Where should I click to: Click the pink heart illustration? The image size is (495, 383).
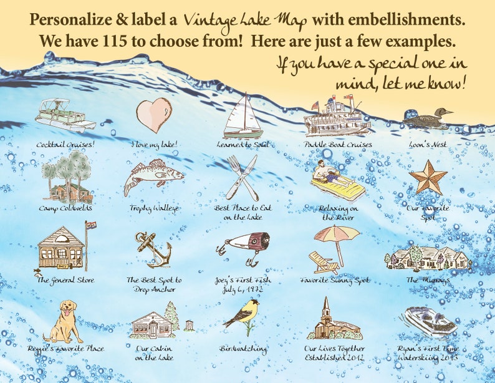(x=153, y=115)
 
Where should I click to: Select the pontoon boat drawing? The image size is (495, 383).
(x=65, y=115)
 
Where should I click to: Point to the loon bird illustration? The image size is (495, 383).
(x=428, y=118)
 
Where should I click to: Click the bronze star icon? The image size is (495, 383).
(x=428, y=177)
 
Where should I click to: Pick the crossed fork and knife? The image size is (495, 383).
(x=241, y=177)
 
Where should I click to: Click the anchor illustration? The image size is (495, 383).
(x=153, y=249)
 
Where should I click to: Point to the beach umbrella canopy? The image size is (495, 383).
(x=337, y=234)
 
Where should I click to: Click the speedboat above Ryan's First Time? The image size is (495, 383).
(x=428, y=321)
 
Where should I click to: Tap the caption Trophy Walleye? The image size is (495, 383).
(x=153, y=208)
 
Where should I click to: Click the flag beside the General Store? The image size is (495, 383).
(x=92, y=225)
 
